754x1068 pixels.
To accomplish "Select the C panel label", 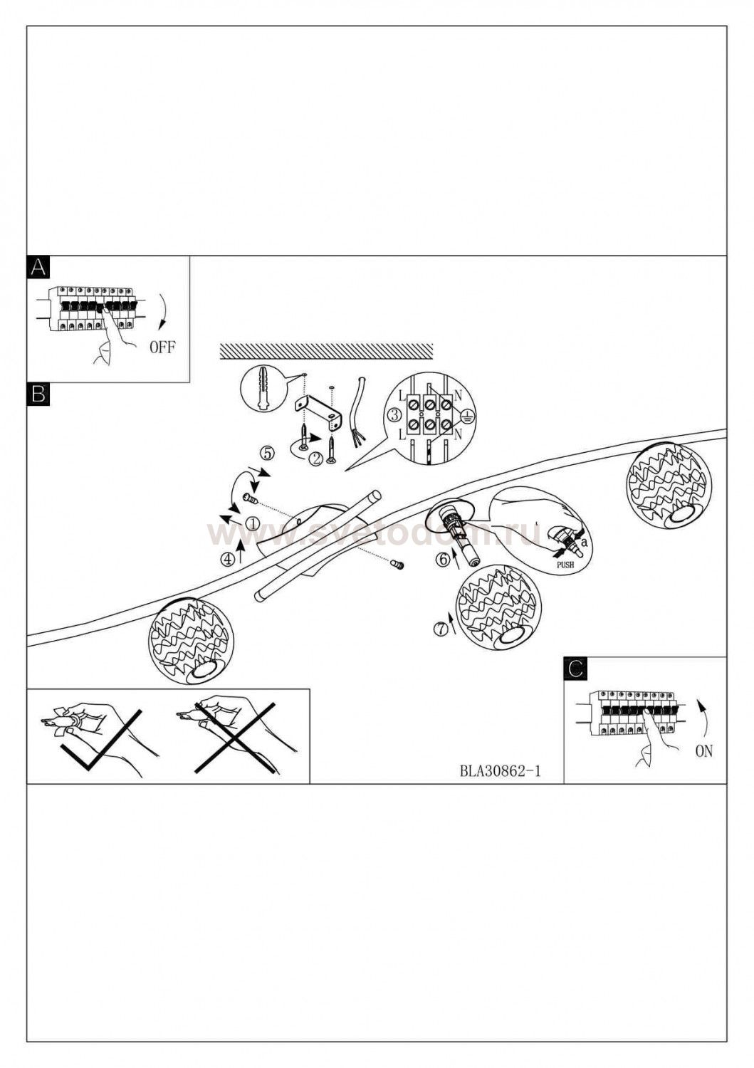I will (x=575, y=669).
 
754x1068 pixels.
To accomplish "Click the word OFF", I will (x=162, y=348).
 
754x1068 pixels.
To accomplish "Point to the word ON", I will (x=703, y=750).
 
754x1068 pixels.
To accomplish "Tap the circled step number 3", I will (x=393, y=415).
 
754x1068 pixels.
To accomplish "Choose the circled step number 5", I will (x=268, y=452).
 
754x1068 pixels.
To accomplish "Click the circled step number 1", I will (x=252, y=523).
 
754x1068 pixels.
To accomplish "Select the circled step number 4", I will (x=228, y=559).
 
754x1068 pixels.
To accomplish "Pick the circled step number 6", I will (x=442, y=560).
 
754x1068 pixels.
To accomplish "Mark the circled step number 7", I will (x=441, y=629).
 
